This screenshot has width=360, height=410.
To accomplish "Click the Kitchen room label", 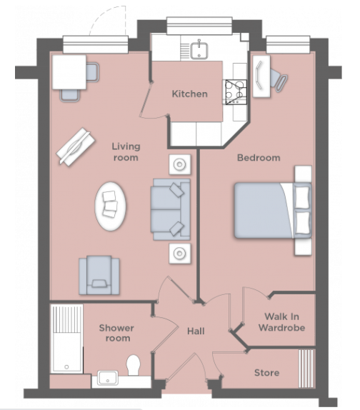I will [189, 94].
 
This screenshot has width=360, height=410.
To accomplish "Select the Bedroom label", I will [259, 157].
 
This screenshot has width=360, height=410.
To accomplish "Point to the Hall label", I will [196, 331].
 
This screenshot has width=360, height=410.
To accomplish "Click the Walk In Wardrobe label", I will [284, 322].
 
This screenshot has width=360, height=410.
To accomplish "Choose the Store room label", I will [266, 373].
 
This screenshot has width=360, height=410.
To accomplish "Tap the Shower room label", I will [116, 333].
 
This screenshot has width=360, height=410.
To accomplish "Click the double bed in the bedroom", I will [271, 209].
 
